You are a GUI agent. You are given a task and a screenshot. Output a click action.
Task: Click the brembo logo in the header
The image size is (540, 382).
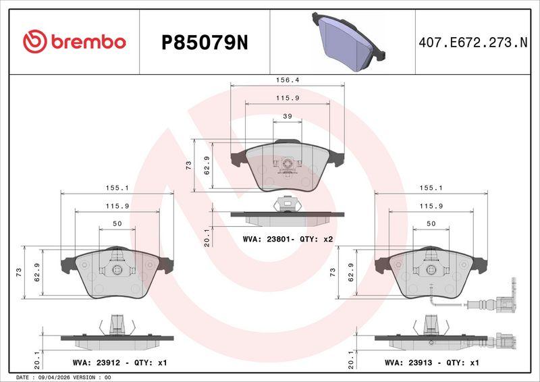point(74,42)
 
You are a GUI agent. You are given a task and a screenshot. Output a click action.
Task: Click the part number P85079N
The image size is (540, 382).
point(205,43)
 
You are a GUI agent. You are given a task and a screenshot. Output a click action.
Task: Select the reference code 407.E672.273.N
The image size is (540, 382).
point(473,43)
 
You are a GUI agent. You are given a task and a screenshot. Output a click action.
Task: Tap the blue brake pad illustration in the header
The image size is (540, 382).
point(348,41)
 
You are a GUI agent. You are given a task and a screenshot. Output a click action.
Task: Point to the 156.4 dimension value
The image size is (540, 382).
point(288,80)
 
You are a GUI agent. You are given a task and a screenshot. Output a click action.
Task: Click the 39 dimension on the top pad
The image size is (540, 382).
point(288,116)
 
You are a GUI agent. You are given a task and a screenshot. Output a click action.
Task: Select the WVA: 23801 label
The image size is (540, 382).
point(267,239)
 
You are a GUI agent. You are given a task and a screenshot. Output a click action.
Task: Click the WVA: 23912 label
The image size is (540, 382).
point(97,362)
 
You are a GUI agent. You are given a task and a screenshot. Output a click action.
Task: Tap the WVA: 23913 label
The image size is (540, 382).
point(408,362)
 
